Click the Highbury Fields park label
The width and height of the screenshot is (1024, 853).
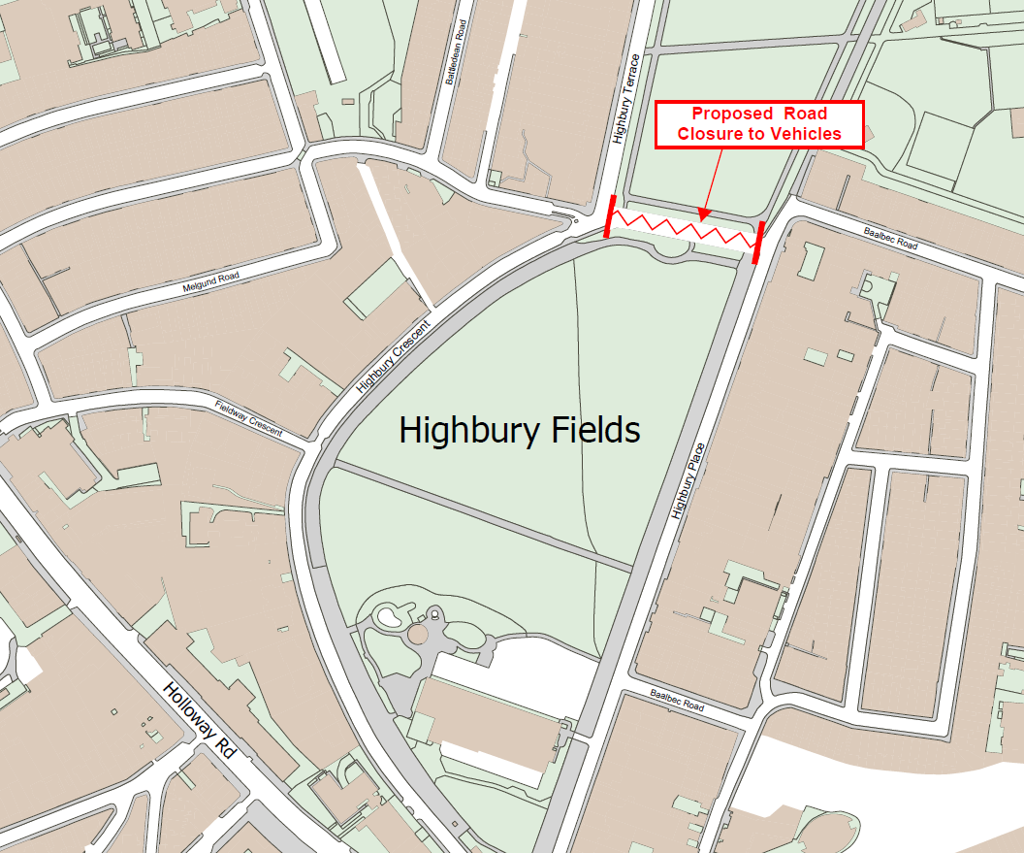tap(520, 429)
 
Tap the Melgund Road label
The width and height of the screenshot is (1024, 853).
tap(210, 282)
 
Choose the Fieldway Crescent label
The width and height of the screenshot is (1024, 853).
tap(249, 418)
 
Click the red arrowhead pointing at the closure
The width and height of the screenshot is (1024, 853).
tap(705, 213)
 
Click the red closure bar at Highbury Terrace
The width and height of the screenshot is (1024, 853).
tap(609, 215)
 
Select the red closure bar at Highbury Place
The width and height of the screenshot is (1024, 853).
tap(757, 242)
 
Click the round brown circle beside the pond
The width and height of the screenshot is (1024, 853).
tap(418, 635)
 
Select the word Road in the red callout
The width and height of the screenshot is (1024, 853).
tap(805, 114)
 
